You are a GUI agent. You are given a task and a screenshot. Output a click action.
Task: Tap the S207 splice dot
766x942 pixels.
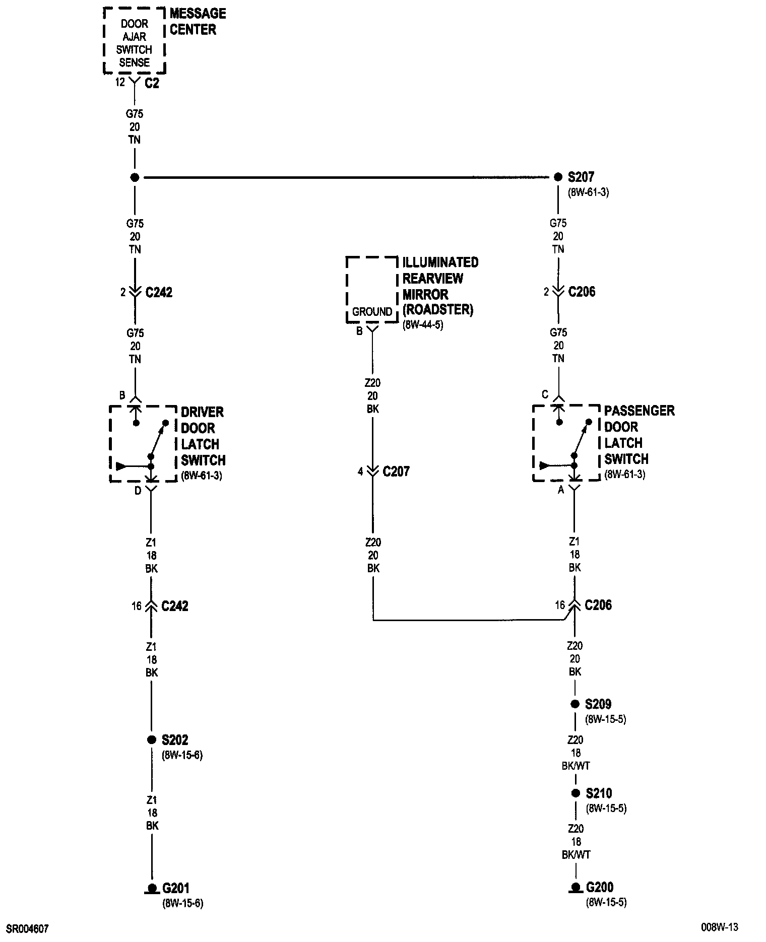click(558, 177)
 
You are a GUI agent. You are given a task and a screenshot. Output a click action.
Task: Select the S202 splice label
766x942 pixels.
click(174, 740)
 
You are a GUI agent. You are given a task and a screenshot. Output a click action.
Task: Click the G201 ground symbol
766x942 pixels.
click(151, 888)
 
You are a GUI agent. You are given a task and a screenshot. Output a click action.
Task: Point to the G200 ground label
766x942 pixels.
click(599, 887)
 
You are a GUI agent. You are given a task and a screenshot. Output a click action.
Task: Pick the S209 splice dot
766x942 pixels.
click(574, 704)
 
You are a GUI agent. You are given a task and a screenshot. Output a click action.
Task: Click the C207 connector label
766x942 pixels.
click(396, 472)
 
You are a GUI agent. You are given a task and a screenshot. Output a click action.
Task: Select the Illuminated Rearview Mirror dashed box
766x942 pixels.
click(372, 290)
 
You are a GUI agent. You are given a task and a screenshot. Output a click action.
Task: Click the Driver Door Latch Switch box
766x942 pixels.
click(143, 443)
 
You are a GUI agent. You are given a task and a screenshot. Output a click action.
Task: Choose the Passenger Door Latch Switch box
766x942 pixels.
click(566, 442)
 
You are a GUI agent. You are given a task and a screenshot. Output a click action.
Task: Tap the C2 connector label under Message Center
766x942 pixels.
click(152, 83)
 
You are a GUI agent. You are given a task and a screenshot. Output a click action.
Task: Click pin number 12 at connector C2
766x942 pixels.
click(119, 82)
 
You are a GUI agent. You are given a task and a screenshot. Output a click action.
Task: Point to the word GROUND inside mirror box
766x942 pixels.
click(372, 312)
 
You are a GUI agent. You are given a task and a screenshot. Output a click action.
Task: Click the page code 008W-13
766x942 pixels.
click(719, 927)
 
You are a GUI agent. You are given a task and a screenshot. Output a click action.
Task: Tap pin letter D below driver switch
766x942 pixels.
click(138, 491)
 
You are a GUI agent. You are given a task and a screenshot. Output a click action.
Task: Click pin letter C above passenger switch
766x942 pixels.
click(545, 394)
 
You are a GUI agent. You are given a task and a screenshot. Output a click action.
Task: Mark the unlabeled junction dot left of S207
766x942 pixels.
click(135, 177)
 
